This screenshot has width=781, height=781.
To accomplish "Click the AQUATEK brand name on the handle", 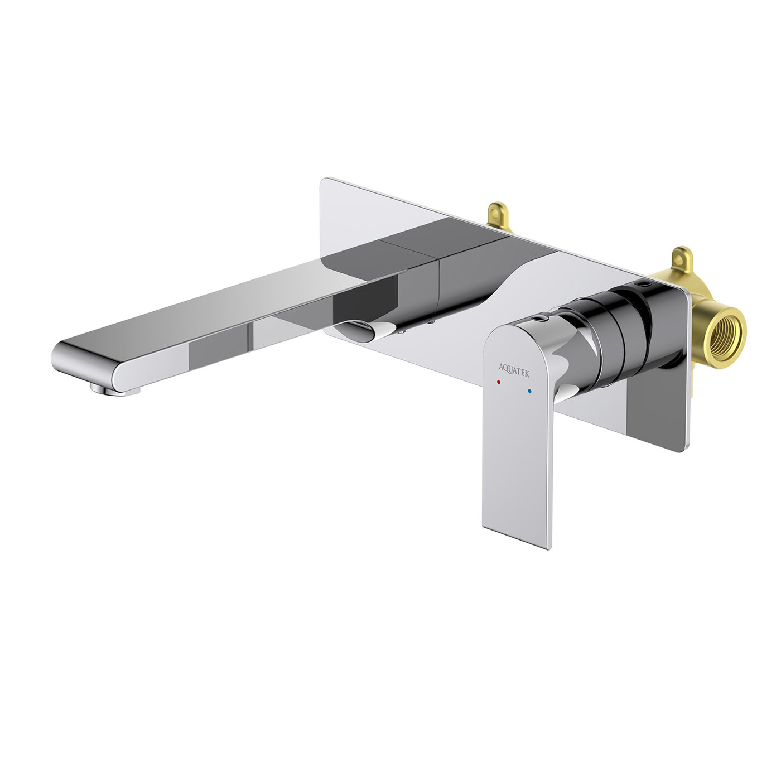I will click(514, 367).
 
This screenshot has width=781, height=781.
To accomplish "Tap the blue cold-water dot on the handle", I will click(529, 392).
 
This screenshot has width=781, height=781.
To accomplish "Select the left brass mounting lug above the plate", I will click(498, 215).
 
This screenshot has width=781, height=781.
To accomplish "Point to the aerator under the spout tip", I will click(112, 390).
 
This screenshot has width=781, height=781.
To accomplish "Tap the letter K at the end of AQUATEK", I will click(527, 369).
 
